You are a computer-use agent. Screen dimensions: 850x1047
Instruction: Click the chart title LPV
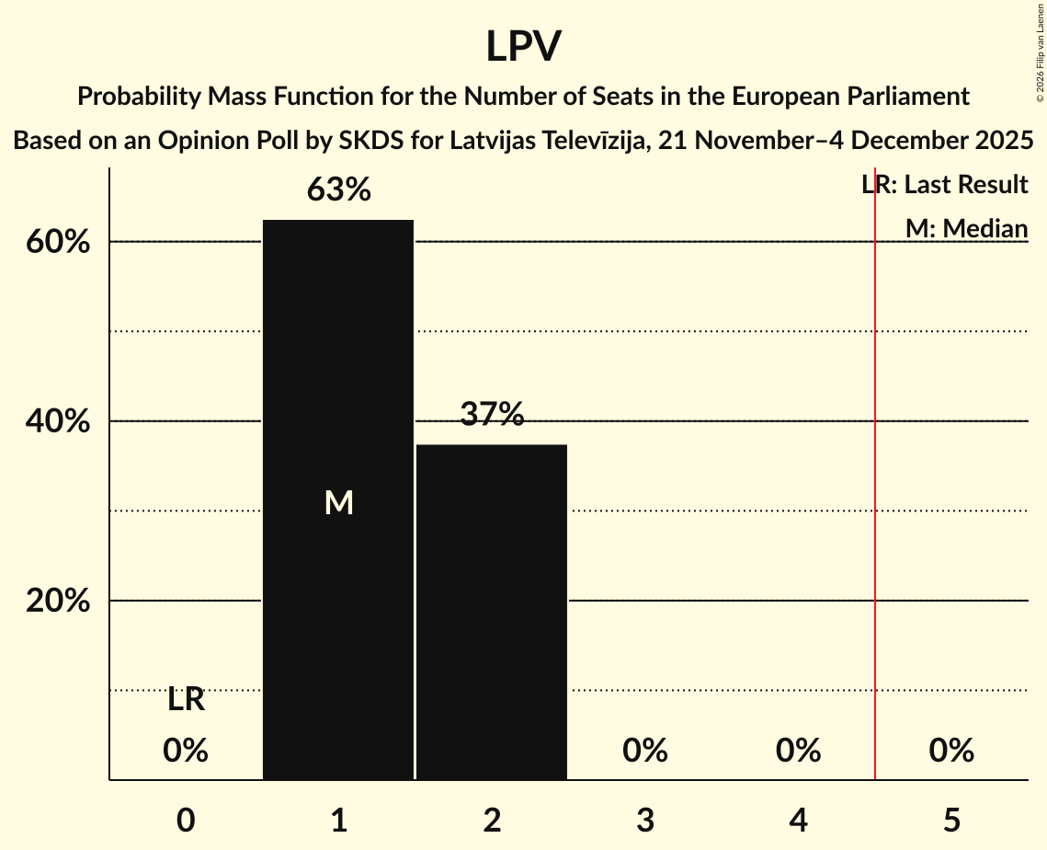[523, 46]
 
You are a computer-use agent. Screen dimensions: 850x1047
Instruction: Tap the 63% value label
[338, 190]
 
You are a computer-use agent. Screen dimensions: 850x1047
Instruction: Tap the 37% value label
[492, 415]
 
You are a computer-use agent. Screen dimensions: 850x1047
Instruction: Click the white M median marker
[338, 502]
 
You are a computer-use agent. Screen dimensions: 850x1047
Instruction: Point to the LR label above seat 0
[186, 700]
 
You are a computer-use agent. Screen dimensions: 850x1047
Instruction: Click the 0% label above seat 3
[644, 751]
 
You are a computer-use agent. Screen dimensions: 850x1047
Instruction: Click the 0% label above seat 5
[950, 751]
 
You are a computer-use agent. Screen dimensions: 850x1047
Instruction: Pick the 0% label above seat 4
[798, 751]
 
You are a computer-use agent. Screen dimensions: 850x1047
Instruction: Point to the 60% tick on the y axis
[62, 243]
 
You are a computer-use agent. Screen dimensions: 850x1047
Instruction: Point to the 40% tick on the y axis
[62, 422]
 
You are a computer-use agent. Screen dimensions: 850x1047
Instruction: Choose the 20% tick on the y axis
[62, 602]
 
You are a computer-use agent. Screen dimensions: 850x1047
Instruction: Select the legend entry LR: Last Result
[944, 185]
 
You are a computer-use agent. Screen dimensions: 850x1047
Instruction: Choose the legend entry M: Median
[966, 228]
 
